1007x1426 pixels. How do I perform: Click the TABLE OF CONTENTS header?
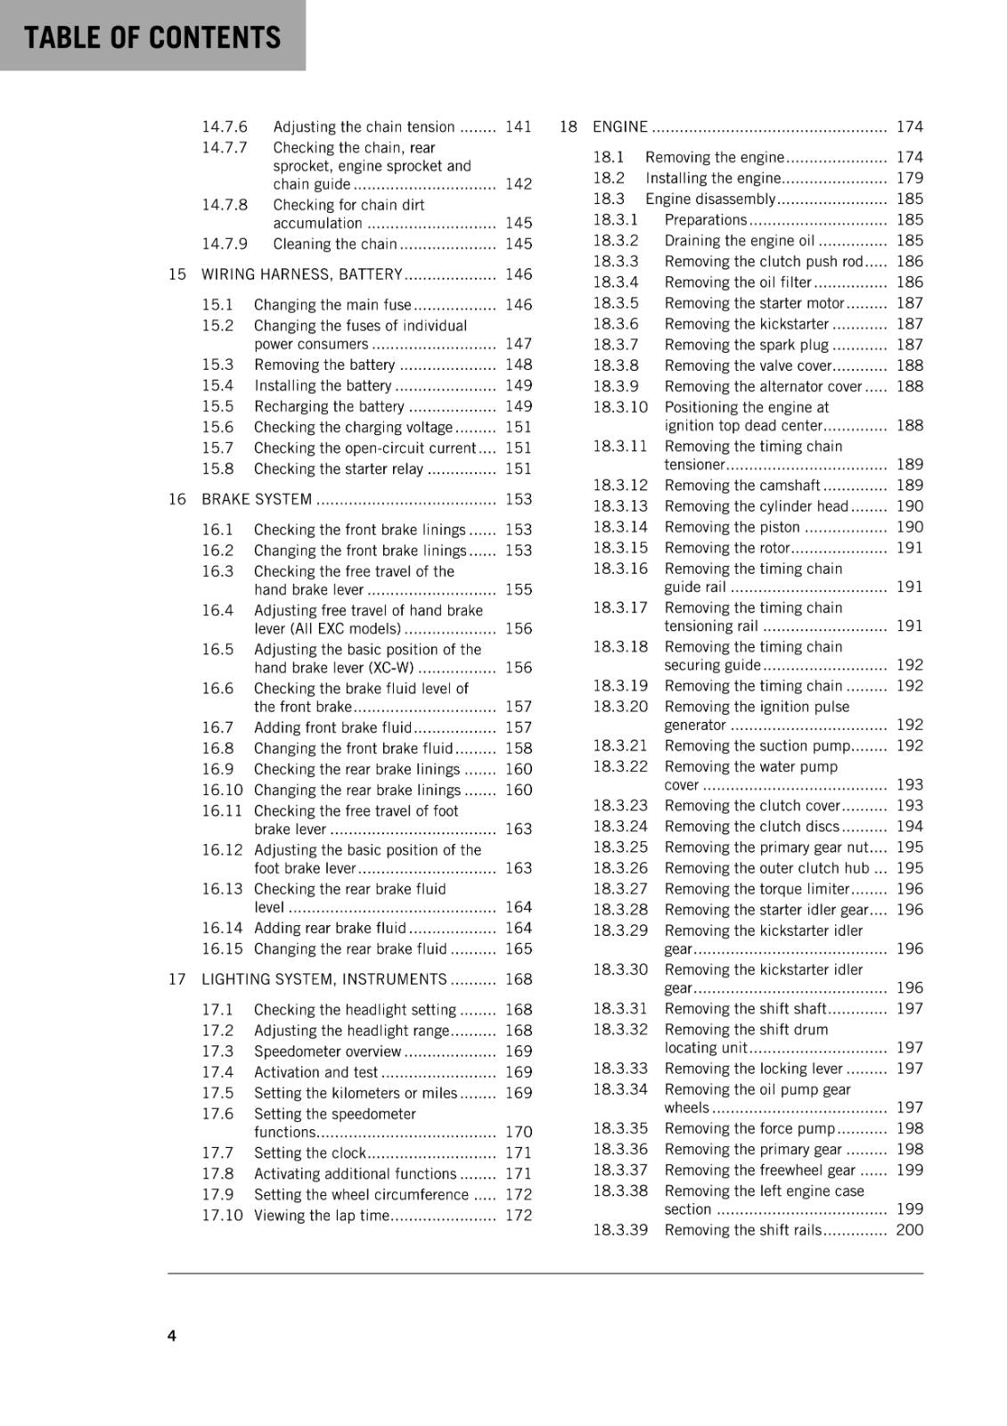click(152, 37)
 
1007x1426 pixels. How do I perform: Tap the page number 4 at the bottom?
click(172, 1335)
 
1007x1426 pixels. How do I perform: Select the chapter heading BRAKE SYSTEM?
click(257, 499)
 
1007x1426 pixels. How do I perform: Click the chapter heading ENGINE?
click(620, 127)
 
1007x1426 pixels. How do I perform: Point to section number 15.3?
click(217, 365)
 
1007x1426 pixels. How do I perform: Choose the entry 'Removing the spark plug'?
click(747, 345)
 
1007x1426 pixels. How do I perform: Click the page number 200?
click(910, 1230)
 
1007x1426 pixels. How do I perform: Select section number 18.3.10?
click(620, 407)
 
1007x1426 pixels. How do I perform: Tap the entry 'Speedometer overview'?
click(327, 1052)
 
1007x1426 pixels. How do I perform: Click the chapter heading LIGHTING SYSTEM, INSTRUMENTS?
click(324, 979)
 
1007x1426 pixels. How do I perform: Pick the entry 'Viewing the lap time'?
click(322, 1216)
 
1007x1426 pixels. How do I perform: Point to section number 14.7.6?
click(225, 127)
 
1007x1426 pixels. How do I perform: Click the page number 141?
click(518, 127)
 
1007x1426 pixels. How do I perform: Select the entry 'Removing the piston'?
click(733, 527)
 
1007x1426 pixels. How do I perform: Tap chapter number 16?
click(177, 499)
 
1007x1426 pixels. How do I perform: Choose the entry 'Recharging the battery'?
click(329, 406)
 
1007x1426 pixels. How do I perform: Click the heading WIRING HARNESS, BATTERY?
click(302, 275)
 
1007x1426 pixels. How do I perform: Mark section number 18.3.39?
click(620, 1230)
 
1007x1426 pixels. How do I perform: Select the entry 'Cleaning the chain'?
click(335, 244)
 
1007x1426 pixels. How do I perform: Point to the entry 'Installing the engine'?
click(713, 178)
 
